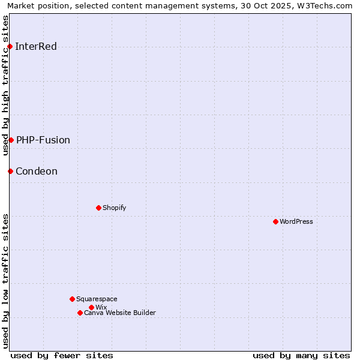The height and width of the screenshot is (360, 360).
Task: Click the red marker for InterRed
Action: pyautogui.click(x=10, y=46)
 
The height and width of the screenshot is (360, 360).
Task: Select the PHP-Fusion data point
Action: pyautogui.click(x=11, y=140)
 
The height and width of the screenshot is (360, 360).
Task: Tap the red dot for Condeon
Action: pyautogui.click(x=10, y=171)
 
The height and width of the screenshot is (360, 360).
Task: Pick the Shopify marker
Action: pyautogui.click(x=98, y=208)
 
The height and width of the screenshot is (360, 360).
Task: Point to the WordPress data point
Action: pyautogui.click(x=275, y=221)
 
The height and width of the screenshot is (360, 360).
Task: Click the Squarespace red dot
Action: pyautogui.click(x=72, y=299)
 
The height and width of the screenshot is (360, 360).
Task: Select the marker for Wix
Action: pyautogui.click(x=91, y=307)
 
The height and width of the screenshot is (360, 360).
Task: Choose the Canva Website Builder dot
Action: pyautogui.click(x=80, y=313)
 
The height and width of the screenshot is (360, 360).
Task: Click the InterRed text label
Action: pyautogui.click(x=36, y=46)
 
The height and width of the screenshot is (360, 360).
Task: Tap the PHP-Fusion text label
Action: pyautogui.click(x=43, y=140)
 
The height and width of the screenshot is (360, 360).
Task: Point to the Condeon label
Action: pyautogui.click(x=37, y=171)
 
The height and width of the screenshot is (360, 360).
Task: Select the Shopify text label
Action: pyautogui.click(x=114, y=208)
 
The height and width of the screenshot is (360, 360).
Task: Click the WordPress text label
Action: pyautogui.click(x=296, y=221)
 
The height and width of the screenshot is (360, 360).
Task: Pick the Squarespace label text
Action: pyautogui.click(x=97, y=299)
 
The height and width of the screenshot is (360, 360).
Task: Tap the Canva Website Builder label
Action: pyautogui.click(x=120, y=313)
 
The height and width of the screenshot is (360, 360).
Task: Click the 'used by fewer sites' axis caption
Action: pyautogui.click(x=62, y=355)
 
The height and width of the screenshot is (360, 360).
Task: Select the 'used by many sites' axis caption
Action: pyautogui.click(x=301, y=355)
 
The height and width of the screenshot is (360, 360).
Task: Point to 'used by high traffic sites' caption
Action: pyautogui.click(x=6, y=85)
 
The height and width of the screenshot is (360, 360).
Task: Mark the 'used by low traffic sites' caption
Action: pyautogui.click(x=6, y=281)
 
